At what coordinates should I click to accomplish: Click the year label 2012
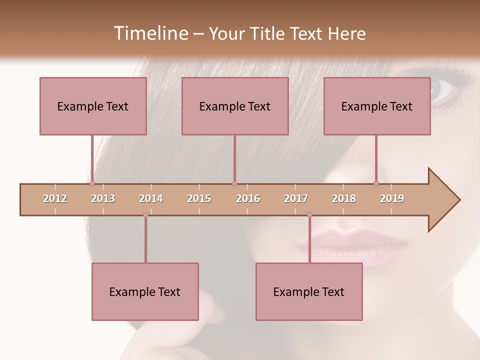55,198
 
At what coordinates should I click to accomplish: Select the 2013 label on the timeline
103,198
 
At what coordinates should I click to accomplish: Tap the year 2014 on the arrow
151,198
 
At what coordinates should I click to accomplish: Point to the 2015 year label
199,198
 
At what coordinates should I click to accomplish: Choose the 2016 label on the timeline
248,198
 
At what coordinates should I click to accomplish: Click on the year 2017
296,198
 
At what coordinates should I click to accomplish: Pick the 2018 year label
344,198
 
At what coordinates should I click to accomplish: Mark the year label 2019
392,198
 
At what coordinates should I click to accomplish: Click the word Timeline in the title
150,33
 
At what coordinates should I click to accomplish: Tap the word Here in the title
346,33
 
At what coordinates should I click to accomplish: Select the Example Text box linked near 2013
93,106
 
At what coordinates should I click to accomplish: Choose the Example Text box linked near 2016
235,106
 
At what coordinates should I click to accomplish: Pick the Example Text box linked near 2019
377,106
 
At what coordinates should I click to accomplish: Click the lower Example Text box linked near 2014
145,291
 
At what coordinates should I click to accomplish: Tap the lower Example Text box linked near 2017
309,291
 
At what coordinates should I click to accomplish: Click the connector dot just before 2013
92,183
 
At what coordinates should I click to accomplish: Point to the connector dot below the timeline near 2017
309,215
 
